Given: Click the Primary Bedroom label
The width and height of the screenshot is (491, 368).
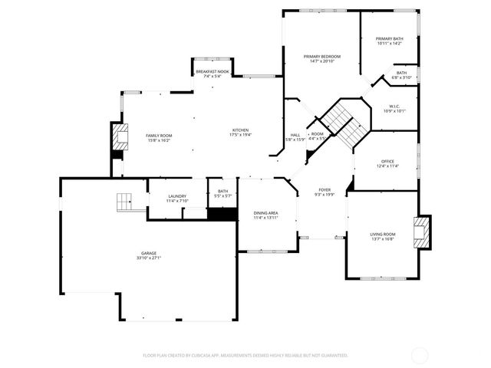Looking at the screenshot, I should pyautogui.click(x=321, y=57).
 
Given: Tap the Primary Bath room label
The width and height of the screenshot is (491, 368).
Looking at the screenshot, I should pyautogui.click(x=389, y=38).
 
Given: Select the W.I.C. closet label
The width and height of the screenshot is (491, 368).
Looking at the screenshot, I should pyautogui.click(x=395, y=107).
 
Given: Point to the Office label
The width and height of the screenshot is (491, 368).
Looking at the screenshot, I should pyautogui.click(x=387, y=161).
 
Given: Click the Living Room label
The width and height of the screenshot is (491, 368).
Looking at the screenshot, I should pyautogui.click(x=382, y=234).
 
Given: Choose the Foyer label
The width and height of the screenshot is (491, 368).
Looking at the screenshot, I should pyautogui.click(x=325, y=189).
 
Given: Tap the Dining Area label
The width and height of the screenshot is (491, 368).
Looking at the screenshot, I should pyautogui.click(x=265, y=212).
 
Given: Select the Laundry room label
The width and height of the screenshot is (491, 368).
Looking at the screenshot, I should pyautogui.click(x=177, y=196).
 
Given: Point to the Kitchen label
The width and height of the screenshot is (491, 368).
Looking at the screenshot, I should pyautogui.click(x=241, y=130).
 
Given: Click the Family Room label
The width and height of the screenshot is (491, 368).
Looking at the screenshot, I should pyautogui.click(x=159, y=136).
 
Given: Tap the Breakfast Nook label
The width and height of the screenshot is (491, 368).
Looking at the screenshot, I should pyautogui.click(x=213, y=71).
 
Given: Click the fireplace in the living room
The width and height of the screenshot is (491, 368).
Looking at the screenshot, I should pyautogui.click(x=422, y=232).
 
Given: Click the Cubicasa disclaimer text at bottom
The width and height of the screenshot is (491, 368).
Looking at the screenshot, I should pyautogui.click(x=245, y=355).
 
